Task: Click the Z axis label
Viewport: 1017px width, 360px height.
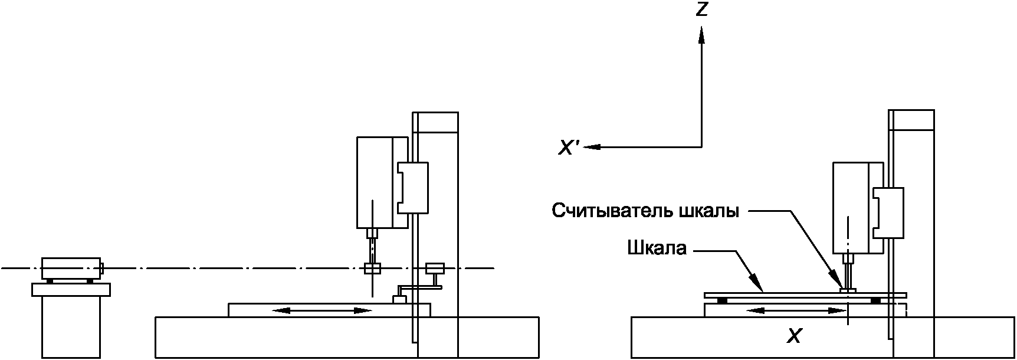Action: click(701, 9)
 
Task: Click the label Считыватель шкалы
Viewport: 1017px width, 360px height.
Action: click(645, 211)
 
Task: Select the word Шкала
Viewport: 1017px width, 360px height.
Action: click(657, 248)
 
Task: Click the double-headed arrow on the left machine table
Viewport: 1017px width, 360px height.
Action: click(323, 310)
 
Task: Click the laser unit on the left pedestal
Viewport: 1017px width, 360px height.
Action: click(71, 267)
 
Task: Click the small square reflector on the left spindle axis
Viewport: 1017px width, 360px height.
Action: click(372, 269)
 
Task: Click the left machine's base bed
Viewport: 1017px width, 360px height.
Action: click(283, 336)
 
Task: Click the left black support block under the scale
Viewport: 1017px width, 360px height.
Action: click(722, 300)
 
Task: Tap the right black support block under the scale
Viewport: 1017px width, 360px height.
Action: click(875, 300)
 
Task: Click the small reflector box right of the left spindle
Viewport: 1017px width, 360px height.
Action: click(434, 268)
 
